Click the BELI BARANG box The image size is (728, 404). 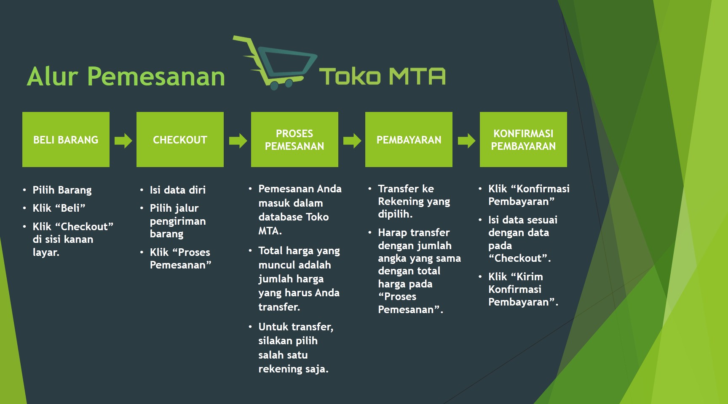coord(66,139)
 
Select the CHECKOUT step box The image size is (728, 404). coord(180,139)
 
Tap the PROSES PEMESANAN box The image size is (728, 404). coord(294,139)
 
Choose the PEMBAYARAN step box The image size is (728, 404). coord(409,139)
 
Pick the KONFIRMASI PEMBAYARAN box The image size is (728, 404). coord(523,139)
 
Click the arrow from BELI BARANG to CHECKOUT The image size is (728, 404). coord(123,141)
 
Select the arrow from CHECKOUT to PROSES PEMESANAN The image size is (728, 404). coord(238,141)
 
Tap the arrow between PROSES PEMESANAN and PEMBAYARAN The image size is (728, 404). coord(352,141)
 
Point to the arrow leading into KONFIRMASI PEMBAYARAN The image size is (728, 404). coord(466,141)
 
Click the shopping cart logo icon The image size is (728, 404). coord(275,63)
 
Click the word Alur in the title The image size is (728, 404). coord(53,77)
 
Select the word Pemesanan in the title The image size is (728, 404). coord(156,77)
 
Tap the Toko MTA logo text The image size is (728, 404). coord(382,77)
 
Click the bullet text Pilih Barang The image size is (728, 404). coord(62,190)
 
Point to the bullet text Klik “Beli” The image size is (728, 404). coord(59,208)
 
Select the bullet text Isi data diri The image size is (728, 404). coord(178,190)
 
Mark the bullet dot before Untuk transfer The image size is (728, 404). coord(250,327)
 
